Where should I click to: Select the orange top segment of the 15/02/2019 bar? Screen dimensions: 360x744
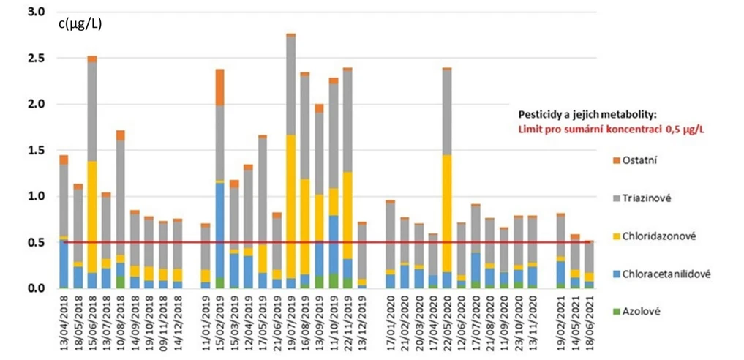tap(219, 87)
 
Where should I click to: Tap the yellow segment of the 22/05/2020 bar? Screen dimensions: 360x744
tap(447, 213)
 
